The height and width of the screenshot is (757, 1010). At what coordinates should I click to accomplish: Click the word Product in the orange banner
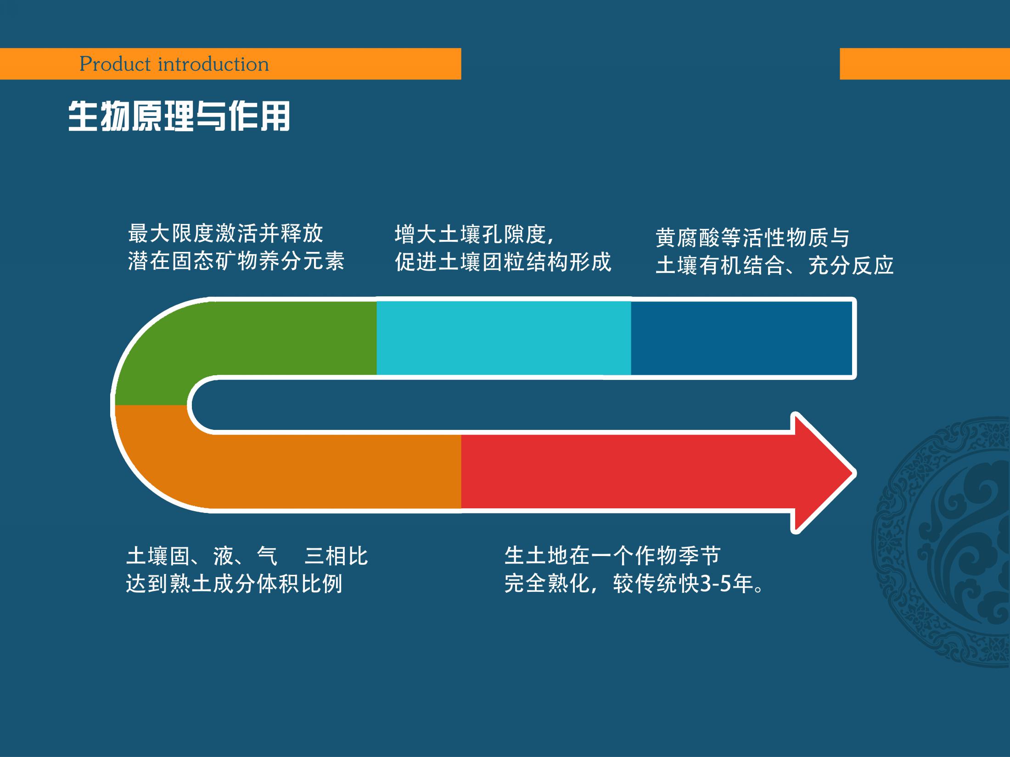[115, 64]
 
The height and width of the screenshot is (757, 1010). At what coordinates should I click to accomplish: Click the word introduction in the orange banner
[213, 64]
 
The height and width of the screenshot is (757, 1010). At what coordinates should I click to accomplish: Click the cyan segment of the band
[503, 338]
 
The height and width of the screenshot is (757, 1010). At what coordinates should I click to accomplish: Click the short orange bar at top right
[924, 64]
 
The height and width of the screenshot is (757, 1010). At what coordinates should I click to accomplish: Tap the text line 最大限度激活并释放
[225, 234]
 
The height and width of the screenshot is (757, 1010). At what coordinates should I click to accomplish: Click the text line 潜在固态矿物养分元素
[236, 262]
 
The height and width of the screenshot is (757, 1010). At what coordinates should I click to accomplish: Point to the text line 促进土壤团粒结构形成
[503, 262]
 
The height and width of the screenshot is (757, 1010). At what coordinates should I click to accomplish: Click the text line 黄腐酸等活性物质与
[752, 238]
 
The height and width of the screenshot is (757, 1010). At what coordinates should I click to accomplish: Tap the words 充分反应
[851, 266]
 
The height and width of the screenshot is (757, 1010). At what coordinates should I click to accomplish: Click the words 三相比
[336, 557]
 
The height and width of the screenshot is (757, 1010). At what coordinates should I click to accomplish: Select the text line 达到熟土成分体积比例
[234, 584]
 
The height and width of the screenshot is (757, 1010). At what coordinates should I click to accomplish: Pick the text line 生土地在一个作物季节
[612, 556]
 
